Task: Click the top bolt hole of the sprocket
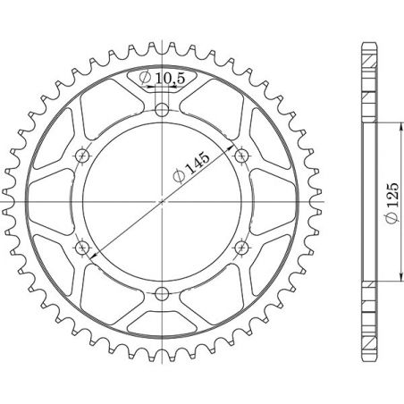[162, 111]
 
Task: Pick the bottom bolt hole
[162, 292]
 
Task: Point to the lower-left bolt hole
[83, 247]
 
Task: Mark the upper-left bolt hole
[83, 156]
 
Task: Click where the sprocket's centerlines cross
[162, 201]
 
